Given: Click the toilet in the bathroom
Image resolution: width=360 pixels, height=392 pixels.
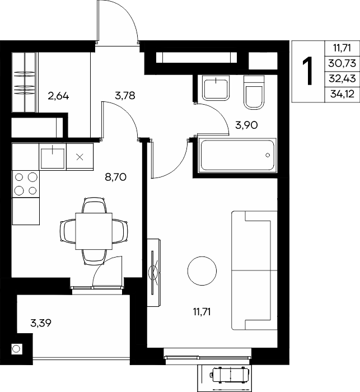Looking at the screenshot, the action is click(254, 92).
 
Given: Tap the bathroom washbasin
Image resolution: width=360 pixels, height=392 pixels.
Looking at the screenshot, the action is click(216, 88).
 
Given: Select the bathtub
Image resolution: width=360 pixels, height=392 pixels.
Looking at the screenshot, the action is click(237, 155).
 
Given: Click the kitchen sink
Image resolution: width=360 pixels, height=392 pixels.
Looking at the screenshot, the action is click(53, 157).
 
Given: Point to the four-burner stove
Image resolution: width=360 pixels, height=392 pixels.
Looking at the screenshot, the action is click(26, 184).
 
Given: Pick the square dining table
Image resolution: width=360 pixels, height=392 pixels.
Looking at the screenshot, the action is click(93, 231).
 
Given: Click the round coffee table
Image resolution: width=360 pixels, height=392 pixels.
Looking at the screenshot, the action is click(202, 271).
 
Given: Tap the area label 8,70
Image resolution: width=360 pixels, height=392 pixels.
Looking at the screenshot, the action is click(116, 178).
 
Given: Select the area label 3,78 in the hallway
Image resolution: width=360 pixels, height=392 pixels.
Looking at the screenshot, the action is click(125, 95).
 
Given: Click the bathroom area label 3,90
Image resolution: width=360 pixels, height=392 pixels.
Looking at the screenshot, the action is click(246, 125).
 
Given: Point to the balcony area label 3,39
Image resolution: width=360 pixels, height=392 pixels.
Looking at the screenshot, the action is click(41, 323).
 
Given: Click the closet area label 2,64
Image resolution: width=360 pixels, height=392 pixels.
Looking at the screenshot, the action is click(58, 96).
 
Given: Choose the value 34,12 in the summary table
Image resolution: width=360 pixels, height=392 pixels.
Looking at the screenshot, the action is click(342, 94).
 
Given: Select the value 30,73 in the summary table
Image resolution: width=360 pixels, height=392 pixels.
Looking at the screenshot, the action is click(342, 63).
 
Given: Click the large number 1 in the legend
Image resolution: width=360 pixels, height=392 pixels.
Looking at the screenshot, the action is click(308, 71).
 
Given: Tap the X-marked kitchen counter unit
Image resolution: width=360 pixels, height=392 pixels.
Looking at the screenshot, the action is click(80, 157).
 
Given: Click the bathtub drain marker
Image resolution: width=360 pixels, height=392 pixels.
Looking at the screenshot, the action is click(268, 155).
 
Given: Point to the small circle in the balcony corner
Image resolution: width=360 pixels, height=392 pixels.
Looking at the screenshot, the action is click(16, 348).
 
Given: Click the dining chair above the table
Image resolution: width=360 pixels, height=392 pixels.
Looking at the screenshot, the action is click(93, 206).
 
